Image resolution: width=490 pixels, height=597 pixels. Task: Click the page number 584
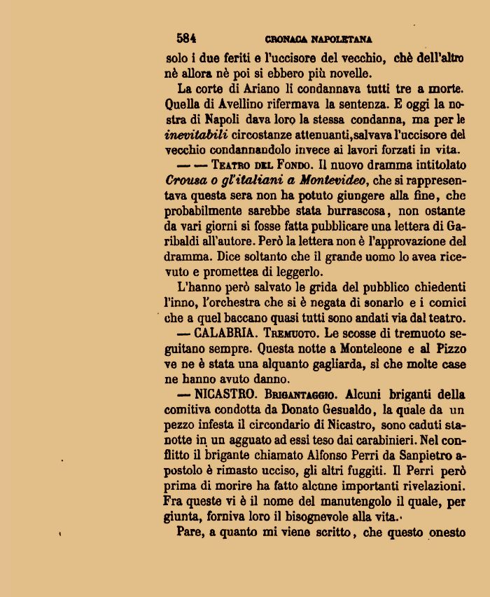click(186, 39)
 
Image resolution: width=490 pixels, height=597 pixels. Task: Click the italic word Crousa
click(185, 181)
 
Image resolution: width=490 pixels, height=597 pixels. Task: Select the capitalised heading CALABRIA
click(227, 333)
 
